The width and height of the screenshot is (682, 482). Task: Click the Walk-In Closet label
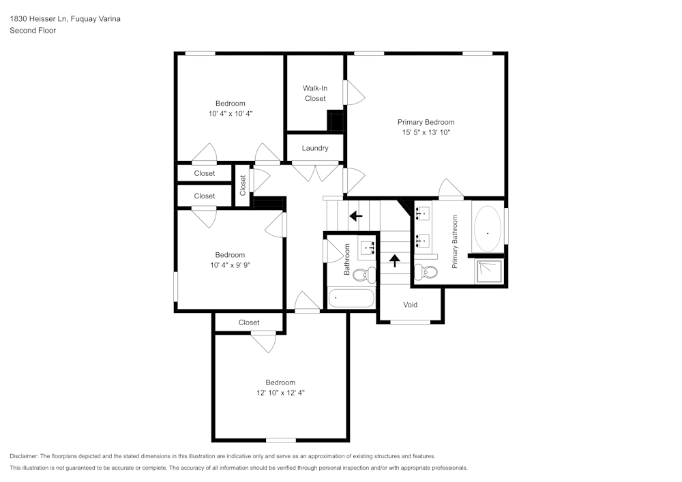[314, 93]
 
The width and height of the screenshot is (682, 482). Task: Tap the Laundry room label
[314, 148]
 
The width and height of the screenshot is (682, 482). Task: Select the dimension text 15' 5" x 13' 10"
[426, 133]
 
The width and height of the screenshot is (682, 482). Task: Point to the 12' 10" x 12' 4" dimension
[280, 393]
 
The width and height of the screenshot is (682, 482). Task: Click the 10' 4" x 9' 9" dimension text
[230, 265]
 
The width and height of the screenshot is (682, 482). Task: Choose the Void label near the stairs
[410, 305]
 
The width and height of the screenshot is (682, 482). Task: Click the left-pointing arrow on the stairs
[355, 216]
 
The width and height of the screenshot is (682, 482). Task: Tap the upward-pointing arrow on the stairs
[394, 260]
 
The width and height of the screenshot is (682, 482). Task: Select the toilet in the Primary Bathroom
[428, 272]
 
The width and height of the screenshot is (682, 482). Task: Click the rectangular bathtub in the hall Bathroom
[351, 299]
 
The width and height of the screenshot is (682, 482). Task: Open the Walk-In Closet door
[353, 92]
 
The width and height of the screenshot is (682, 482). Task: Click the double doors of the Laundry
[314, 170]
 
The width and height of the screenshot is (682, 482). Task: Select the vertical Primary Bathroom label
[455, 241]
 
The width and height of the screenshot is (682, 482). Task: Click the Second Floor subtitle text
[33, 31]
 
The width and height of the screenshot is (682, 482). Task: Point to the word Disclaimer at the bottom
[24, 456]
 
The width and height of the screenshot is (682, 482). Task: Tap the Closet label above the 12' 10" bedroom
[249, 322]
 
